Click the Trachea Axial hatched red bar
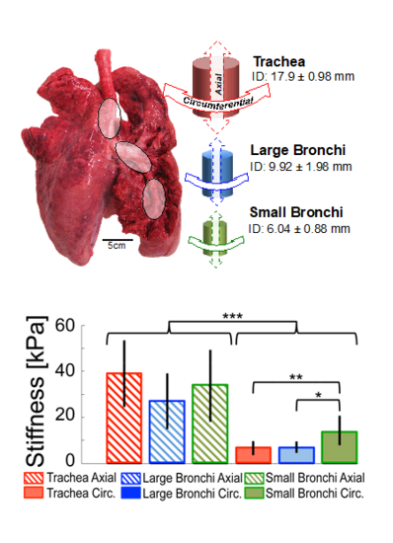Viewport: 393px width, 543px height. coord(124,419)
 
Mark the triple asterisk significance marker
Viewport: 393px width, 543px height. coord(233,318)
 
